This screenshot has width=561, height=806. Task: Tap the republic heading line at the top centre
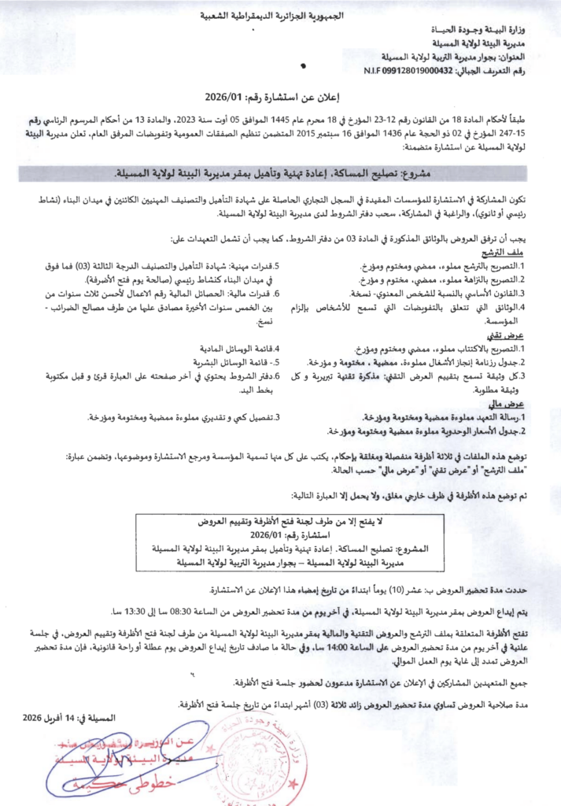(280, 15)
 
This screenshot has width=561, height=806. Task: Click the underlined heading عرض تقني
(526, 335)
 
